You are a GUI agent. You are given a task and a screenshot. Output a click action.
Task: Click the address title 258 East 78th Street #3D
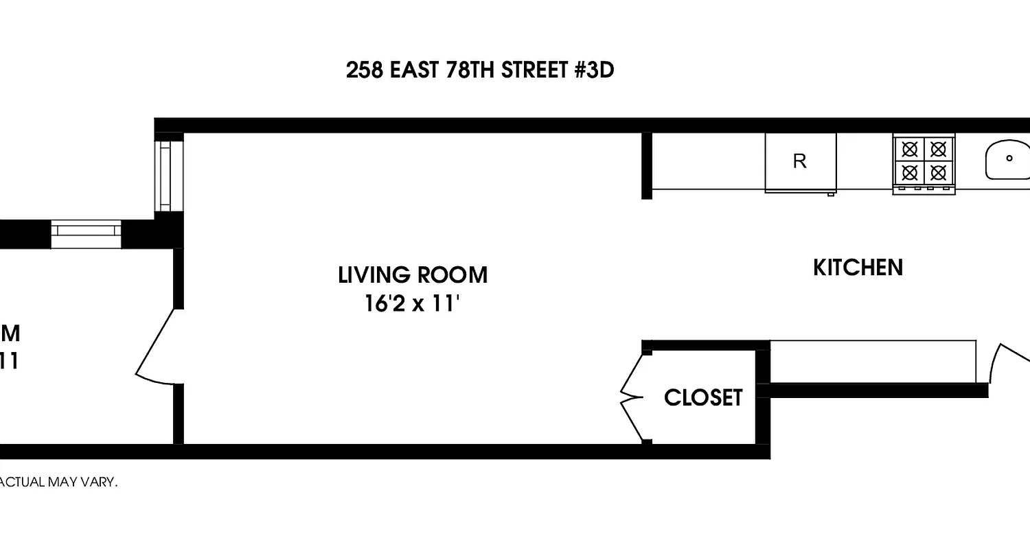[479, 71]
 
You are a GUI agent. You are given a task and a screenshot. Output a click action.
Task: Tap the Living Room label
[413, 275]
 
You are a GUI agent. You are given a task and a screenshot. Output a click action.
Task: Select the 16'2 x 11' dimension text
[412, 303]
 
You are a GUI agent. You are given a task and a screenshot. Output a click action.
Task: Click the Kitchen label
[858, 268]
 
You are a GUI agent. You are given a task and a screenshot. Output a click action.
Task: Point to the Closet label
[703, 397]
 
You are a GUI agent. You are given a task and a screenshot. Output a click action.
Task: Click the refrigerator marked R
[800, 162]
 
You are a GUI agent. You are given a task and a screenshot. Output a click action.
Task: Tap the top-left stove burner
[910, 148]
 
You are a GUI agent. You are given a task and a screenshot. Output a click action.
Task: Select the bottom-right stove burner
[938, 172]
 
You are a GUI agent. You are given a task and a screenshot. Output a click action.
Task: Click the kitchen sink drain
[1009, 159]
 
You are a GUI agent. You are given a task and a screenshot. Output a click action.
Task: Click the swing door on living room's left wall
[157, 347]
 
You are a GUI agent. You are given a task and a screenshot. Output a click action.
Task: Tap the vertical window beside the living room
[165, 176]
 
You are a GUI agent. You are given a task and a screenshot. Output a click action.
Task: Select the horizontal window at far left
[86, 233]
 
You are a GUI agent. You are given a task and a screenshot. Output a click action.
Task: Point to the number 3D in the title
[597, 71]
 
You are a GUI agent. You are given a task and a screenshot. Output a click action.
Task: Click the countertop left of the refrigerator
[708, 161]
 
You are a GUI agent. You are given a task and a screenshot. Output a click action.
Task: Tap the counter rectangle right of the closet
[873, 361]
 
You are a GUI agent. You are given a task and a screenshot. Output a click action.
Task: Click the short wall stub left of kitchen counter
[646, 165]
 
